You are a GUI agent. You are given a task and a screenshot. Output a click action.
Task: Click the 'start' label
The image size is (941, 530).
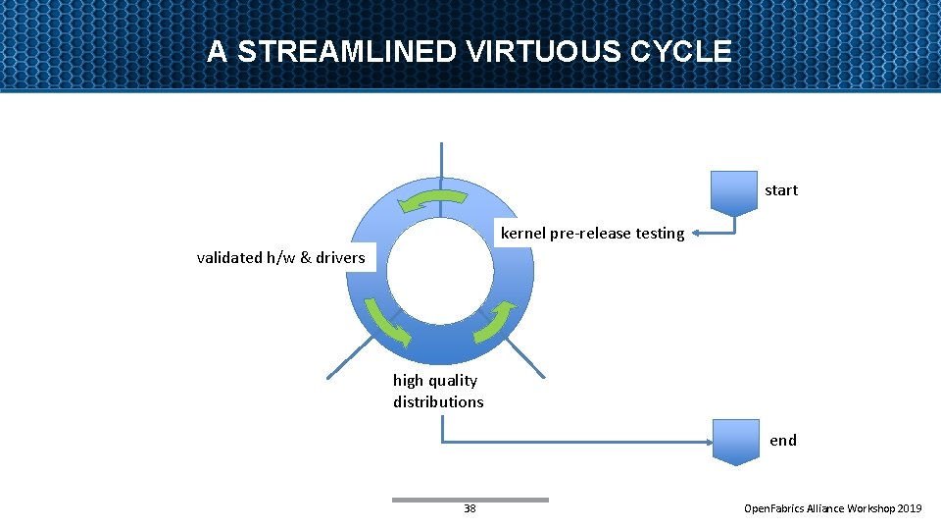[x=781, y=190]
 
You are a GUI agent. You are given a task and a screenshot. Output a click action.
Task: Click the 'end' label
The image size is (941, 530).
[x=783, y=440]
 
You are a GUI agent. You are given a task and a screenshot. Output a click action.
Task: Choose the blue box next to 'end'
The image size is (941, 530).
[x=735, y=441]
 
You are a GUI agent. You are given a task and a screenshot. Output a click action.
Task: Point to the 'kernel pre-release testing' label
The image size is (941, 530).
[x=592, y=234]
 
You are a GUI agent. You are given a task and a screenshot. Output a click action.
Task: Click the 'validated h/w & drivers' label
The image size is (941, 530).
[x=280, y=258]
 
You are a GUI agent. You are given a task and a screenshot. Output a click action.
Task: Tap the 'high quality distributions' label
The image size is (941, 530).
[x=438, y=391]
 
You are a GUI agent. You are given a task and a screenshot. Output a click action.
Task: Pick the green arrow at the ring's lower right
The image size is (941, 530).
[x=495, y=322]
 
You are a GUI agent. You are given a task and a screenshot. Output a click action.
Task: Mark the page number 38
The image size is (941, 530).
[x=470, y=508]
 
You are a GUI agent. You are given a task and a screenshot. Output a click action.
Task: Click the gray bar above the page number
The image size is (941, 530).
[x=470, y=500]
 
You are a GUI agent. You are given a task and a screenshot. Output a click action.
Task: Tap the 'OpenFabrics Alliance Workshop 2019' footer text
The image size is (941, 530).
[x=832, y=508]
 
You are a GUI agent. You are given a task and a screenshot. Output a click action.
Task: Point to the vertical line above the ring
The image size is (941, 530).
[x=441, y=162]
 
